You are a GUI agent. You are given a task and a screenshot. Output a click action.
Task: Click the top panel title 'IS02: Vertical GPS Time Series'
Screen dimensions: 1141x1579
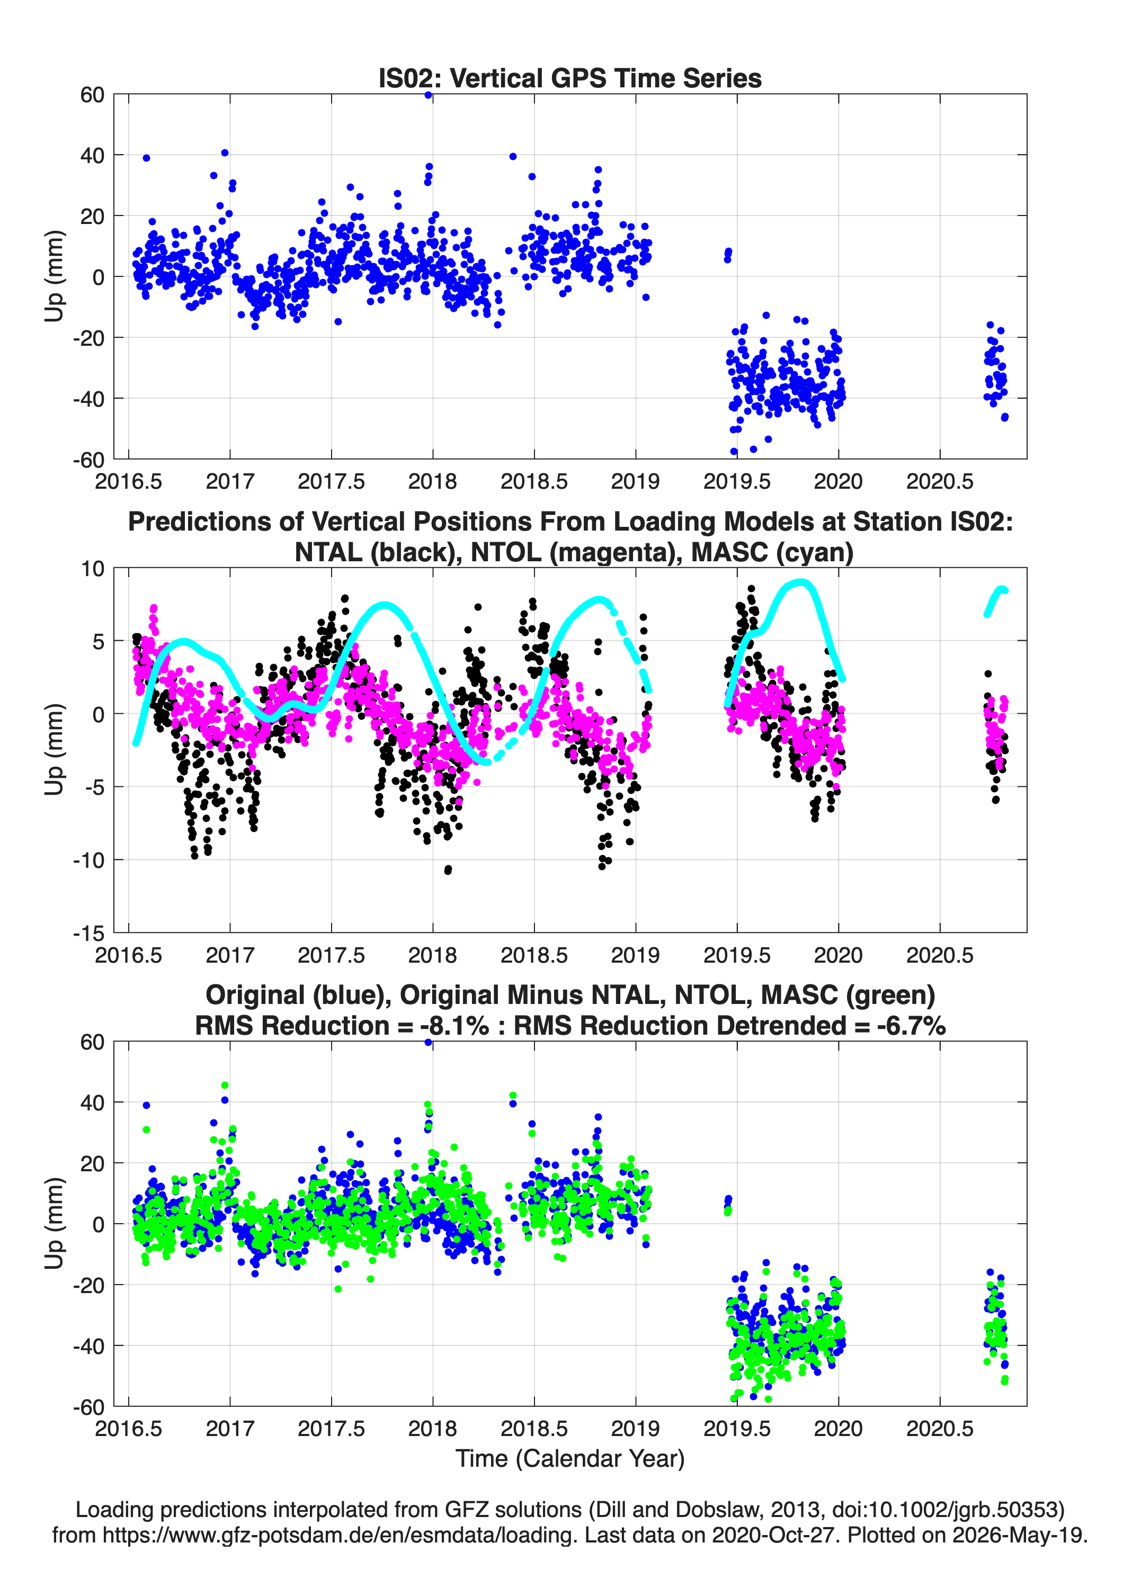[x=570, y=78]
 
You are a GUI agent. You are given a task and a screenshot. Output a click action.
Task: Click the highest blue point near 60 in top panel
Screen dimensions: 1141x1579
[x=429, y=95]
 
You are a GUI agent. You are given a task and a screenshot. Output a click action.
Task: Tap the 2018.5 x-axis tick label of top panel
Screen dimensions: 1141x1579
[x=534, y=481]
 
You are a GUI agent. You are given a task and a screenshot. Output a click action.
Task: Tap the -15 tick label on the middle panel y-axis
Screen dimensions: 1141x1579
[x=88, y=933]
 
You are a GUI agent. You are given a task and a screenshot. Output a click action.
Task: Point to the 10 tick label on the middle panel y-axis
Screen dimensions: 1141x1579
[x=93, y=568]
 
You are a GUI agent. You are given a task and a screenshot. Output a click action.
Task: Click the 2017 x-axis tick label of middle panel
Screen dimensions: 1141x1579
[x=230, y=955]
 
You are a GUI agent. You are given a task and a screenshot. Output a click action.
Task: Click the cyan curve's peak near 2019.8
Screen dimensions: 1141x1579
[x=801, y=582]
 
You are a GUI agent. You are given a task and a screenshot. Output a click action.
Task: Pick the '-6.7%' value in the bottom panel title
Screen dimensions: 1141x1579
[x=911, y=1026]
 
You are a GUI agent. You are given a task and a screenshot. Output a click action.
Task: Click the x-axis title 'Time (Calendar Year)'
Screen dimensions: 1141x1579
[x=570, y=1459]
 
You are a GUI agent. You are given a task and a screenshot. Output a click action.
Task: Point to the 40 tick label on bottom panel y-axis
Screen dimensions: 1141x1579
[x=93, y=1102]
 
